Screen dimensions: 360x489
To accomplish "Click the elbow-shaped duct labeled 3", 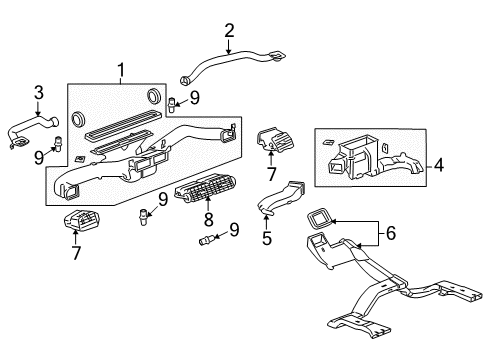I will click(30, 130).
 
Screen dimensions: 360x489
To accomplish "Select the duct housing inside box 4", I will click(365, 155).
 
